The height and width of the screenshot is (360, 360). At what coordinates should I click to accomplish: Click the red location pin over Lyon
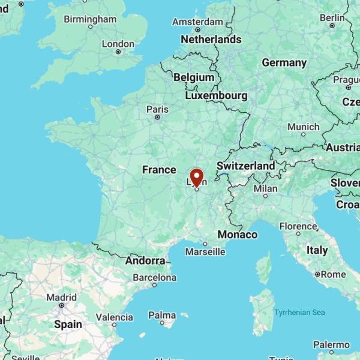(x=196, y=178)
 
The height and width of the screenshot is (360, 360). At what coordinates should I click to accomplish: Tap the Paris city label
(x=157, y=109)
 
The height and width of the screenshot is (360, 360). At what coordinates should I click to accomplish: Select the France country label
(x=159, y=170)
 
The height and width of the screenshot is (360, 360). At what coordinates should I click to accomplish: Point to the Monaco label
(x=237, y=235)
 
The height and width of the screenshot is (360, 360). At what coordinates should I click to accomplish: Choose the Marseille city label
(x=205, y=252)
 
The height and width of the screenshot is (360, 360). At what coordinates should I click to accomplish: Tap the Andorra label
(x=145, y=261)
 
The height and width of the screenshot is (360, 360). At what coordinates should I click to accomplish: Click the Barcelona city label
(x=155, y=278)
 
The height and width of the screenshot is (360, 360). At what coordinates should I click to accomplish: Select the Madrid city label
(x=61, y=297)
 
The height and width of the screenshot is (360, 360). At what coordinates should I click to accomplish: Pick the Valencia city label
(x=114, y=317)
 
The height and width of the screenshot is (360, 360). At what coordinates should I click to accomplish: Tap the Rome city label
(x=333, y=274)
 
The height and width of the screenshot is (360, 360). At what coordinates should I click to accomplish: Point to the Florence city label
(x=298, y=227)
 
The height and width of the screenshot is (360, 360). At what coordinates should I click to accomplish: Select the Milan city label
(x=265, y=188)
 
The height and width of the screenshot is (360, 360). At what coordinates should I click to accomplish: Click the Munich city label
(x=303, y=127)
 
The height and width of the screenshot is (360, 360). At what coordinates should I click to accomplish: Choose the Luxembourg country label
(x=216, y=95)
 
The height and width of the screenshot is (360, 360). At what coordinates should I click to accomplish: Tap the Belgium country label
(x=193, y=77)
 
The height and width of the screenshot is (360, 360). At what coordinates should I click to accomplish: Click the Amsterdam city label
(x=197, y=22)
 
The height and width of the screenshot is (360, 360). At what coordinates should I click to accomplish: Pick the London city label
(x=118, y=44)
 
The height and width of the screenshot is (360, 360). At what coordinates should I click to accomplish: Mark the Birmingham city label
(x=90, y=19)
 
